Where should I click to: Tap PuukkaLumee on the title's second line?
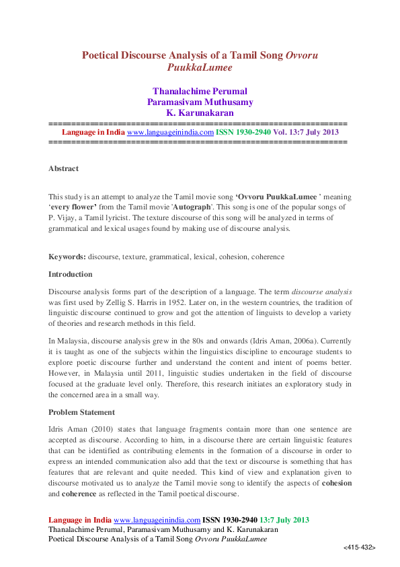pyautogui.click(x=200, y=67)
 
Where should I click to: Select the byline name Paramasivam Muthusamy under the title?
pyautogui.click(x=200, y=102)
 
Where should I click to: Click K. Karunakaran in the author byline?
pyautogui.click(x=200, y=112)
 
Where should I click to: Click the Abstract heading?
pyautogui.click(x=63, y=168)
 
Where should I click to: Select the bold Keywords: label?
pyautogui.click(x=67, y=257)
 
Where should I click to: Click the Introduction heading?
pyautogui.click(x=71, y=274)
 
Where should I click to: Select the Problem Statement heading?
pyautogui.click(x=82, y=411)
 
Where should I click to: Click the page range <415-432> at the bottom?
pyautogui.click(x=359, y=548)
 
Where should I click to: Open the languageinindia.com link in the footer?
pyautogui.click(x=157, y=520)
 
